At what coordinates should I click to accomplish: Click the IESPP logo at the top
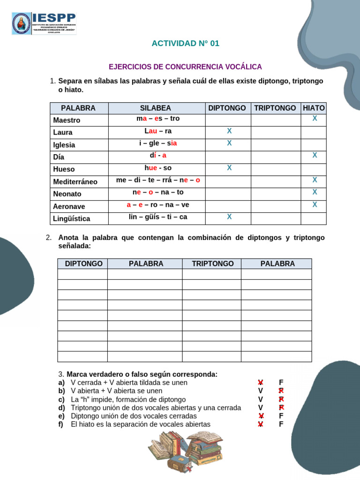click(44, 23)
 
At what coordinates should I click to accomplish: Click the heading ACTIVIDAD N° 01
click(185, 44)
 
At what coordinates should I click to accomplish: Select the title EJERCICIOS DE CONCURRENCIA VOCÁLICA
click(185, 67)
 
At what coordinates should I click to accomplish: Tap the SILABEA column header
click(156, 108)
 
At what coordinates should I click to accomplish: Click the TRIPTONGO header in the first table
click(275, 108)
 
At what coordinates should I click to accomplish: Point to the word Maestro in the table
click(67, 120)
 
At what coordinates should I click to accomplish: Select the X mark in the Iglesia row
click(229, 143)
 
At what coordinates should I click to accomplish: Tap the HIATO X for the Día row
click(315, 155)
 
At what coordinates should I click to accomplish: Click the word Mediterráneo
click(75, 181)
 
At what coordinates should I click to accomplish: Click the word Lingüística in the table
click(72, 218)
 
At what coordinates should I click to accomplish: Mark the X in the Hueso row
click(229, 168)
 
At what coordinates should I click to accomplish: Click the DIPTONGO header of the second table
click(83, 264)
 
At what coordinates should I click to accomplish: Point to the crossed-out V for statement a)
click(260, 382)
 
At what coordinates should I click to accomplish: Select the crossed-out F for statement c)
click(281, 399)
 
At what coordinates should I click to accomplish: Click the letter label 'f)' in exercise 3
click(61, 425)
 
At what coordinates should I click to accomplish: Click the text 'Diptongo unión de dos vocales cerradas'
click(134, 416)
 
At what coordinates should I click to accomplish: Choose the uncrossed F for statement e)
click(281, 416)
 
